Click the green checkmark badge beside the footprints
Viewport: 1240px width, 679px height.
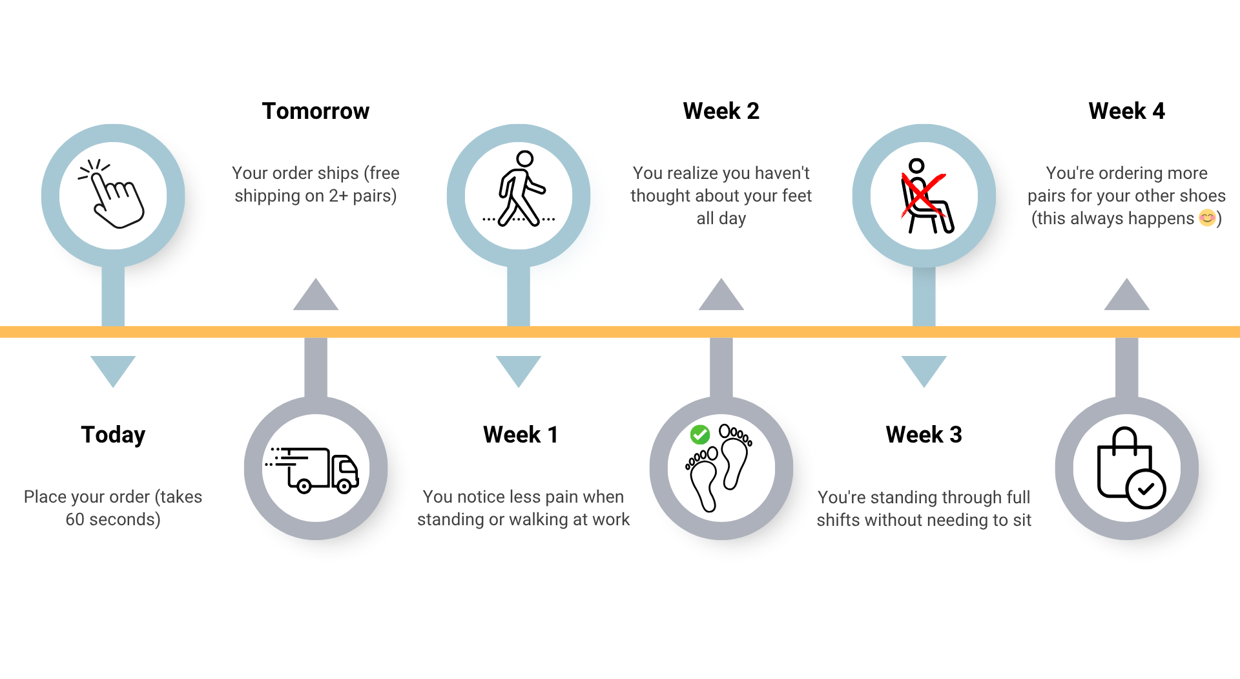700,435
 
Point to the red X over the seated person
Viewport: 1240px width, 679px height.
922,195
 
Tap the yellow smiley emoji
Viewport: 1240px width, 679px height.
1207,218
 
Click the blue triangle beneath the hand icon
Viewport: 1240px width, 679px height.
113,368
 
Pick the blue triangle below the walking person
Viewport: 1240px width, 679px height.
519,368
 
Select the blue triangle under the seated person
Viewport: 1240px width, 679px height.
924,368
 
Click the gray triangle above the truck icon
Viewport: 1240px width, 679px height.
316,298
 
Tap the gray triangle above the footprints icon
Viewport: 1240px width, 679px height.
721,298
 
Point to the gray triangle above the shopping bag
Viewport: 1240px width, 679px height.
1127,298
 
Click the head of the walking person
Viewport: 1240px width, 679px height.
525,159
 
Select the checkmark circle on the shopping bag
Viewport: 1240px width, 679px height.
1146,489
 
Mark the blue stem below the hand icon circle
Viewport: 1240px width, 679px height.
113,296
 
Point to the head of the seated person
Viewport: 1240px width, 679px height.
916,166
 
